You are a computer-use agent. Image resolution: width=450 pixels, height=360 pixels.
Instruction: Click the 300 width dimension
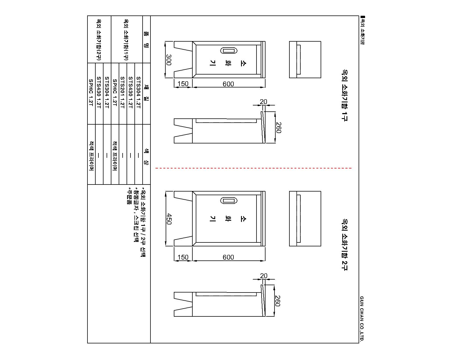click(x=169, y=60)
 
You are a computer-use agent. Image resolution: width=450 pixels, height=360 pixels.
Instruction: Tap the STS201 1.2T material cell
click(x=123, y=92)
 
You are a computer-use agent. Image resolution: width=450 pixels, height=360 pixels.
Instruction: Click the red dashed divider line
click(x=253, y=168)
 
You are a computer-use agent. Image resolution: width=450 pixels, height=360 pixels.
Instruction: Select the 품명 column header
click(x=146, y=39)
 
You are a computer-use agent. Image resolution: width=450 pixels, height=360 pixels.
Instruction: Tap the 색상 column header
click(x=146, y=157)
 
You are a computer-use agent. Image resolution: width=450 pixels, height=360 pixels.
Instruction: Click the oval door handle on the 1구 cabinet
click(x=229, y=51)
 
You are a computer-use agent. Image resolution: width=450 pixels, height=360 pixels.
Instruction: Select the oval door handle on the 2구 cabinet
click(x=229, y=201)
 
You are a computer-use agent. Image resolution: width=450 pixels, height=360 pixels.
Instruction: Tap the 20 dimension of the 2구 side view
click(x=264, y=276)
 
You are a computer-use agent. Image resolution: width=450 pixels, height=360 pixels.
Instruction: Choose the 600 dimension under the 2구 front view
click(x=228, y=257)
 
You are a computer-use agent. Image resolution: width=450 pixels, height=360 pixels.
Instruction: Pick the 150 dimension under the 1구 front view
click(x=183, y=84)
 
